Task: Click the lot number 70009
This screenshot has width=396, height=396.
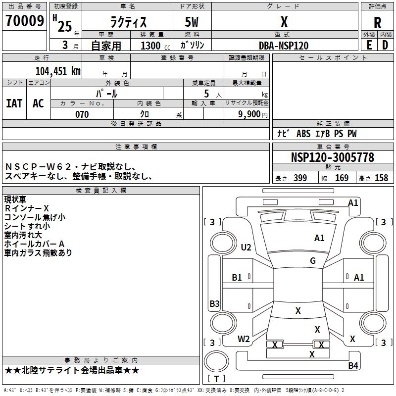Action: click(x=25, y=20)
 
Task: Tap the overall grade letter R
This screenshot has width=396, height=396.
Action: click(x=377, y=23)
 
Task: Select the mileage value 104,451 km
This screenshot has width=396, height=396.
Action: click(x=58, y=71)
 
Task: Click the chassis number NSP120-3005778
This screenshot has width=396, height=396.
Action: click(x=333, y=157)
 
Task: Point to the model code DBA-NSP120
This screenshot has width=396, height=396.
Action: click(x=284, y=46)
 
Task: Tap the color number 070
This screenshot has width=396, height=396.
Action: click(x=82, y=114)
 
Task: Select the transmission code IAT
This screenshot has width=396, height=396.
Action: click(x=14, y=103)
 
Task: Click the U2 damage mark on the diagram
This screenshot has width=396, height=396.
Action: click(x=246, y=247)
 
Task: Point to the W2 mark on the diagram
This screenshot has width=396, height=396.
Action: click(x=244, y=339)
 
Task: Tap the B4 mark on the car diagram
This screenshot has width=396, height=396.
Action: click(x=353, y=365)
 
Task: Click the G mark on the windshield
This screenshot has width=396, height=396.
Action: click(x=313, y=260)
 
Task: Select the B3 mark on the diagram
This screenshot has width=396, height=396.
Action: click(x=215, y=303)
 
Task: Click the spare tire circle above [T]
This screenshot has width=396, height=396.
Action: click(x=216, y=361)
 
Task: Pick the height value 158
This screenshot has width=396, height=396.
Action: click(x=381, y=178)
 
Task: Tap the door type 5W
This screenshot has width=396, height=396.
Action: click(x=192, y=22)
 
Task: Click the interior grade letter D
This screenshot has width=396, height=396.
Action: click(x=385, y=45)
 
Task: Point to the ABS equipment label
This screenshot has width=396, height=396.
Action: click(x=303, y=134)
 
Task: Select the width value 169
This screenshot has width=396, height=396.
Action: click(x=342, y=178)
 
